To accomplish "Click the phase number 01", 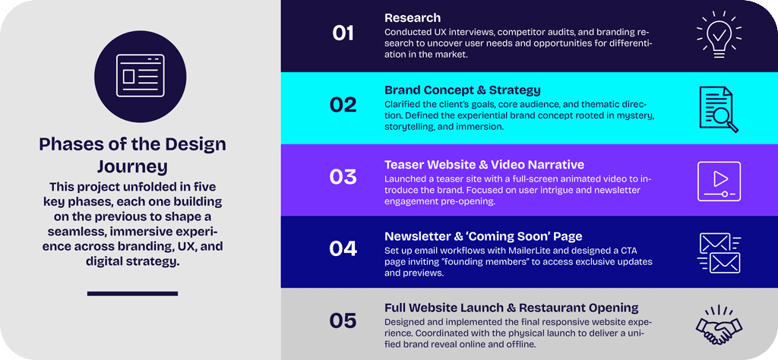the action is click(x=343, y=33).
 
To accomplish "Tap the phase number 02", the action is click(x=343, y=105).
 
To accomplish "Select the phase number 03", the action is click(x=343, y=177).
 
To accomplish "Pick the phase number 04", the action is click(x=343, y=249).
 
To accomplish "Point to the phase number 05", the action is click(x=343, y=321).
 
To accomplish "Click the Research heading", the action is click(x=413, y=18).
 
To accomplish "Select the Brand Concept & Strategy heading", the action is click(x=463, y=90).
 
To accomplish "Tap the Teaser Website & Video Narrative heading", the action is click(x=484, y=164).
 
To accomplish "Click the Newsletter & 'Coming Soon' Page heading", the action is click(x=483, y=236).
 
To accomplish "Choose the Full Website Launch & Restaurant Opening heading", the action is click(x=511, y=308).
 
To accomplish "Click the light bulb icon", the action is click(x=719, y=34).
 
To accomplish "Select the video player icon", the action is click(x=719, y=181).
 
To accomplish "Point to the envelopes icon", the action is click(x=719, y=253).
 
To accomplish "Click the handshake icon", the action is click(x=719, y=325).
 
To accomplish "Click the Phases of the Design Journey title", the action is click(x=132, y=155).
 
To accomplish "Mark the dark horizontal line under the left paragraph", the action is click(x=132, y=294).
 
